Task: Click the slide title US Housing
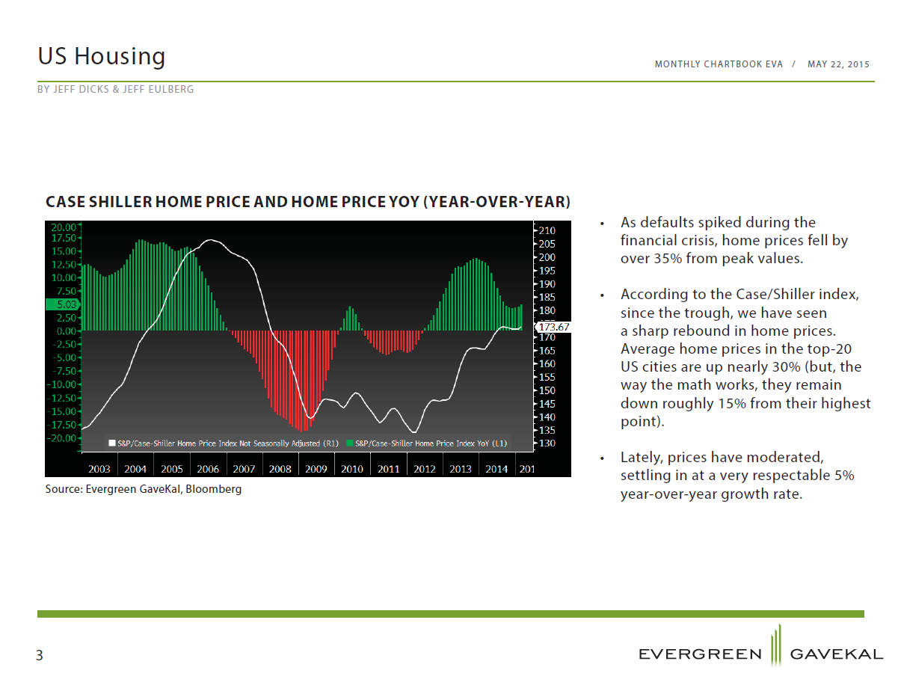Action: click(101, 56)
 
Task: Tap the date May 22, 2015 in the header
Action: click(837, 64)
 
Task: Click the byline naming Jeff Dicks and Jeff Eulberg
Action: click(115, 89)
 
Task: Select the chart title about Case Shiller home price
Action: click(307, 202)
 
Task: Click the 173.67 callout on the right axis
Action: click(553, 327)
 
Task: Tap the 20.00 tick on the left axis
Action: click(64, 227)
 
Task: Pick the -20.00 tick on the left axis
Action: click(61, 438)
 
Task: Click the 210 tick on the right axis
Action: click(547, 230)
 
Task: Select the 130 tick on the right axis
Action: click(547, 443)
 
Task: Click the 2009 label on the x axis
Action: click(316, 469)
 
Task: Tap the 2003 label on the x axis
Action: click(99, 469)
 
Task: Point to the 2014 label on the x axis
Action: click(496, 469)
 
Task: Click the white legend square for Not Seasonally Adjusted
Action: click(111, 443)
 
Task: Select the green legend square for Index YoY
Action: click(350, 443)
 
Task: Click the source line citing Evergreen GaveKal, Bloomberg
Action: click(144, 489)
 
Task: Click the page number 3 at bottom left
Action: click(40, 655)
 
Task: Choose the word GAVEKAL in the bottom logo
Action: click(836, 654)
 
